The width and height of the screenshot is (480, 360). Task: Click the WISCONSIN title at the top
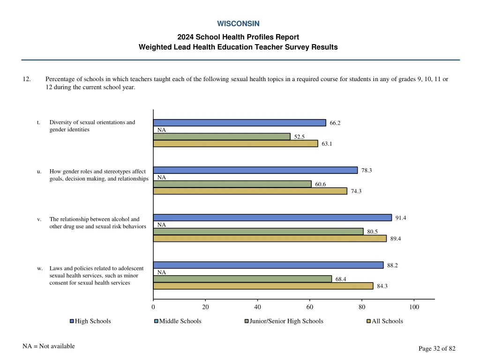(x=238, y=23)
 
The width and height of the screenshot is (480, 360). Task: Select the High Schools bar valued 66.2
(x=240, y=123)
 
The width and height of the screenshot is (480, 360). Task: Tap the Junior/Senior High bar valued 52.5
(x=222, y=137)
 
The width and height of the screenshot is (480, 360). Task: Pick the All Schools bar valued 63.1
(x=235, y=144)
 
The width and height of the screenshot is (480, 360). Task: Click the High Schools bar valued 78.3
(x=255, y=170)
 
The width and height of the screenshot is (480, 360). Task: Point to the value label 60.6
(x=320, y=184)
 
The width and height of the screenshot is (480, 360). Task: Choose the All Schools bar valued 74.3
(x=250, y=191)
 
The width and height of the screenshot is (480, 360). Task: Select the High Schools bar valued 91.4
(x=272, y=217)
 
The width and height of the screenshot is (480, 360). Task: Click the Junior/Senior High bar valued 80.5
(x=258, y=232)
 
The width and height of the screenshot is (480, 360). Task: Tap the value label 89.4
(x=395, y=239)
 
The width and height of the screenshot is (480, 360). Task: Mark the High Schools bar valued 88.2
(x=268, y=265)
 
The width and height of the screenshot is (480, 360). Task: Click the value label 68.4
(x=341, y=279)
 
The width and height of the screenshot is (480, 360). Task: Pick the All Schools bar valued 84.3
(x=263, y=286)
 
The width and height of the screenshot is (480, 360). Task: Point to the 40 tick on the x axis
(x=257, y=307)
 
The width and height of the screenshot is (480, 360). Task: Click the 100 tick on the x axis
(x=414, y=307)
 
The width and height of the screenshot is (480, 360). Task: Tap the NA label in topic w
(x=161, y=272)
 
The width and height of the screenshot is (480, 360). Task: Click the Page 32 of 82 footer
(x=436, y=348)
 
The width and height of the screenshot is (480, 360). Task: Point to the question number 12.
(x=27, y=79)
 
